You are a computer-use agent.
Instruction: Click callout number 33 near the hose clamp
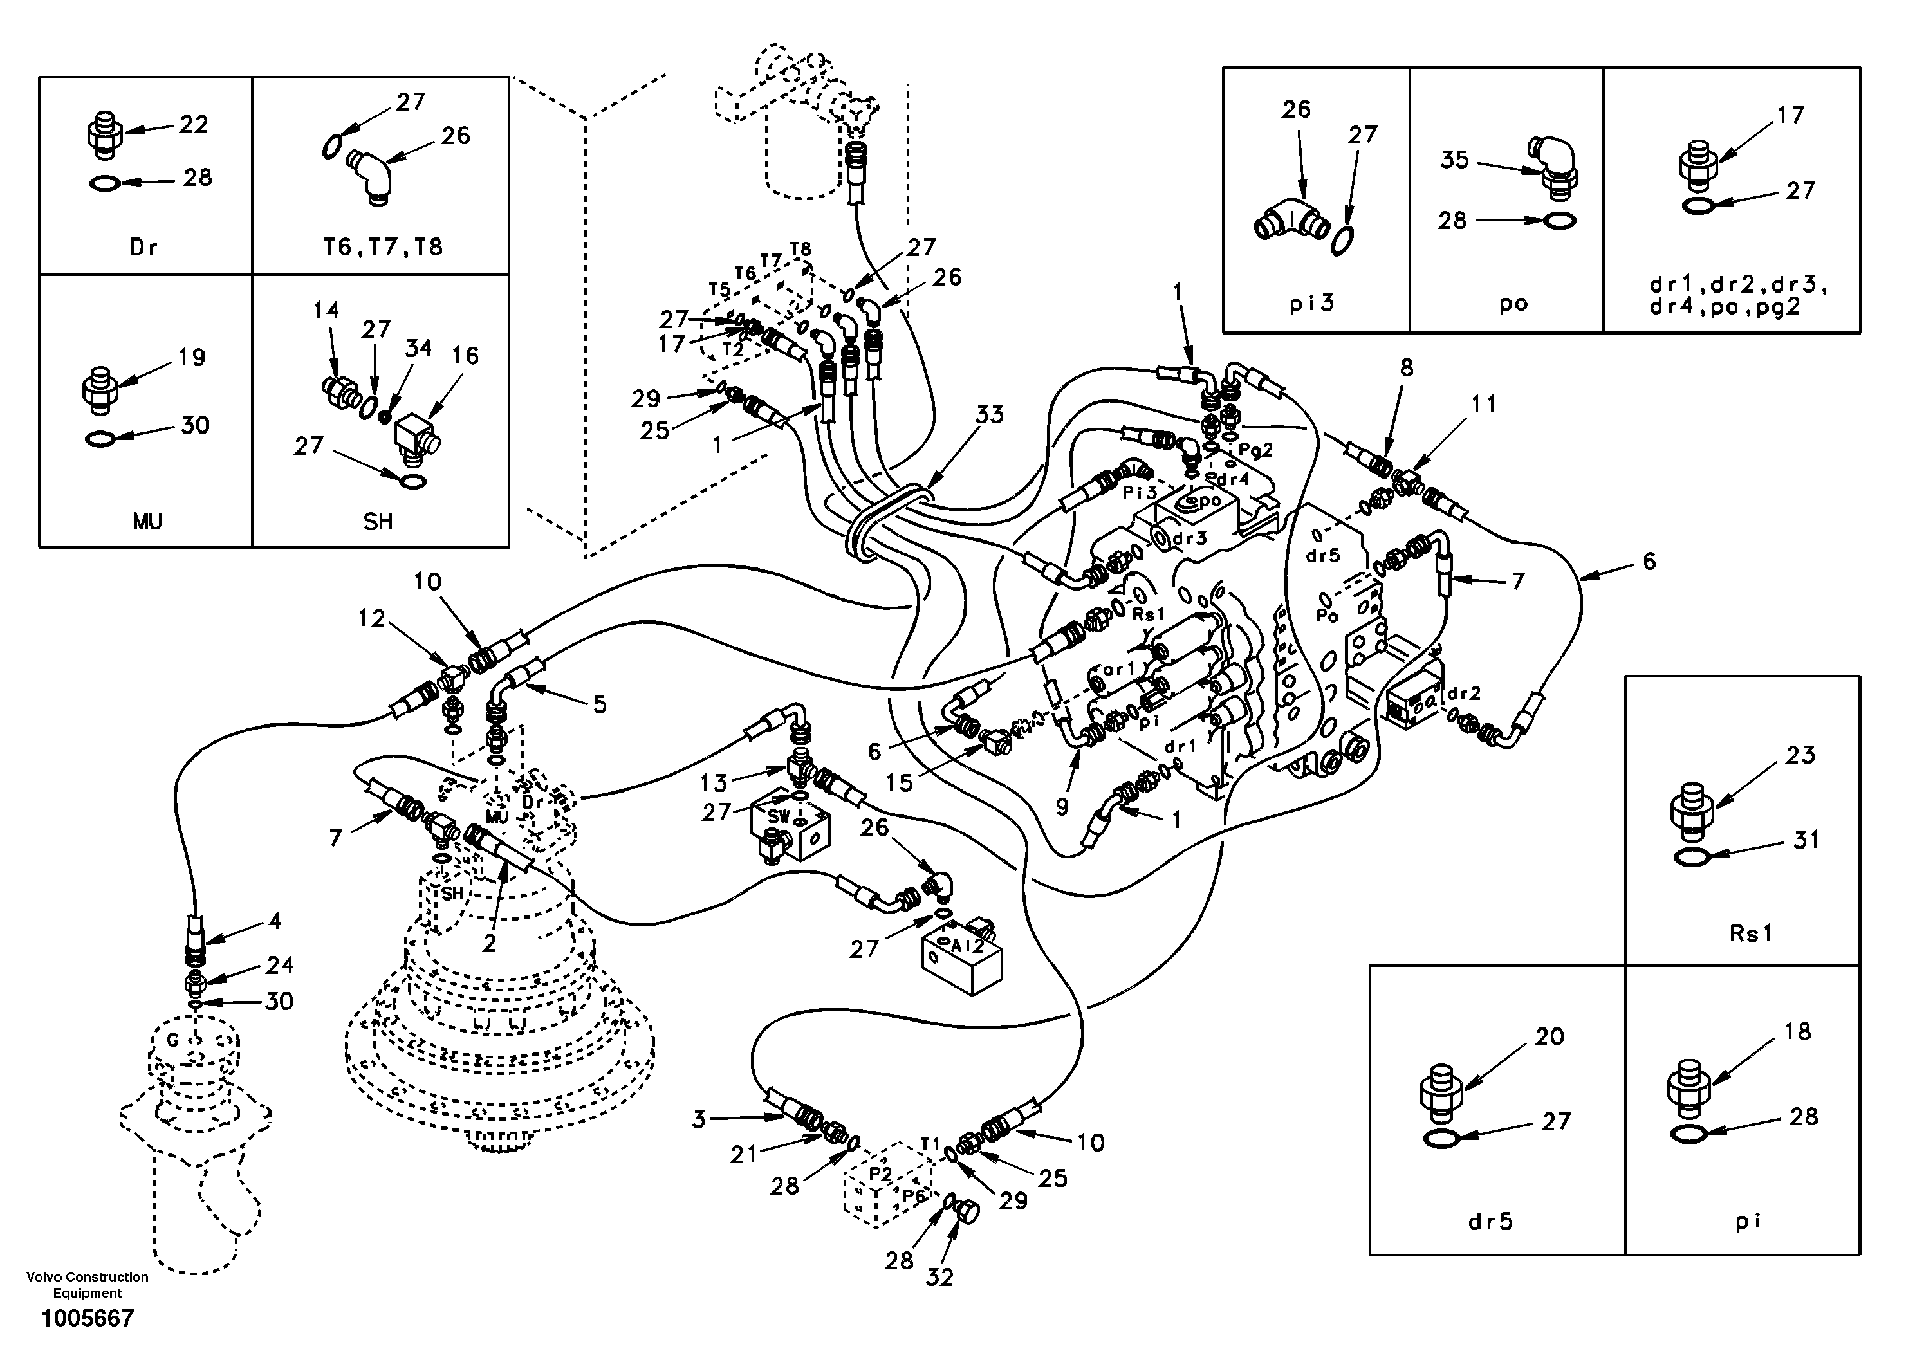click(x=990, y=414)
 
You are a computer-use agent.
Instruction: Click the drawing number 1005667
click(x=88, y=1318)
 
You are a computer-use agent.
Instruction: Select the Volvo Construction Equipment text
click(x=88, y=1284)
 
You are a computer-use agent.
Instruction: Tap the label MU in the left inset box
click(x=147, y=522)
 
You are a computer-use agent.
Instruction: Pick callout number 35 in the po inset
click(x=1455, y=160)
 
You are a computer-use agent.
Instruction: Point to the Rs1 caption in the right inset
click(x=1750, y=933)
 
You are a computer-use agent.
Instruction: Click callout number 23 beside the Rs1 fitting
click(x=1800, y=755)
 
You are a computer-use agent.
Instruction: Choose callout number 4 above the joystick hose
click(x=273, y=921)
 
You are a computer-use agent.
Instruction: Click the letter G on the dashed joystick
click(x=174, y=1040)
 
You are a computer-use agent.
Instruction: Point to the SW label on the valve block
click(x=778, y=816)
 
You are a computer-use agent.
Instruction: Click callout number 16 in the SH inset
click(x=465, y=356)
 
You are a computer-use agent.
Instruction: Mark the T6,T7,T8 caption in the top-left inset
click(x=383, y=247)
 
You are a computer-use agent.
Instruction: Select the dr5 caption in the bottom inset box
click(x=1490, y=1222)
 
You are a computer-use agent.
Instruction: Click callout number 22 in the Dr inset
click(x=194, y=124)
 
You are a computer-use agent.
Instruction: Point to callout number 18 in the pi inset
click(x=1797, y=1032)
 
